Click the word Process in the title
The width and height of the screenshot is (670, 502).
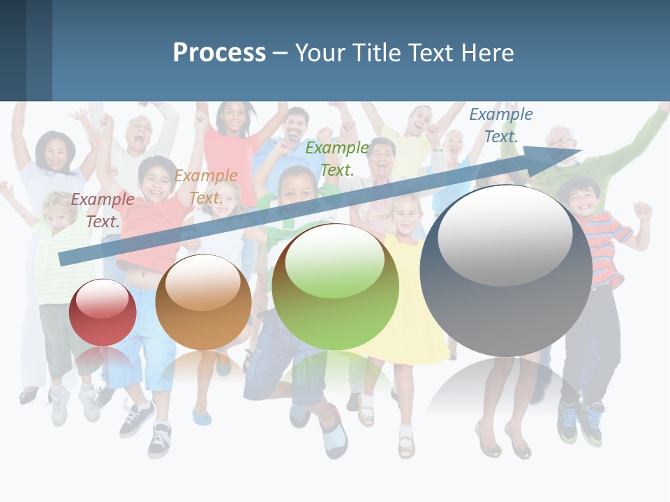pos(219,52)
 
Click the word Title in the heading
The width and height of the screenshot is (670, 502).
pos(378,52)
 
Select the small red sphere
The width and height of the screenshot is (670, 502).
pos(103,312)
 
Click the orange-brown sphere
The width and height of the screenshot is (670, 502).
pos(203,303)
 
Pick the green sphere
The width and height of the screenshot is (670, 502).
pos(335,287)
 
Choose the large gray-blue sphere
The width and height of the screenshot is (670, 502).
pos(506,271)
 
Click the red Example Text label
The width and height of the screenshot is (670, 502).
pos(103,210)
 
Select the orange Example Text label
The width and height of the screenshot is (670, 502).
pos(206,187)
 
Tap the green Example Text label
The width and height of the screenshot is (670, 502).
pos(337,158)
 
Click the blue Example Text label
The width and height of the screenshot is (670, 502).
pos(501,125)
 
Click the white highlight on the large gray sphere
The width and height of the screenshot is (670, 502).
pos(505,234)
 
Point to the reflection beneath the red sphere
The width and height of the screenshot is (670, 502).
pos(103,363)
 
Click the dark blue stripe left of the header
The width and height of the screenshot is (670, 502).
pos(13,50)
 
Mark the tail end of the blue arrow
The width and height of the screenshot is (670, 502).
pos(61,259)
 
